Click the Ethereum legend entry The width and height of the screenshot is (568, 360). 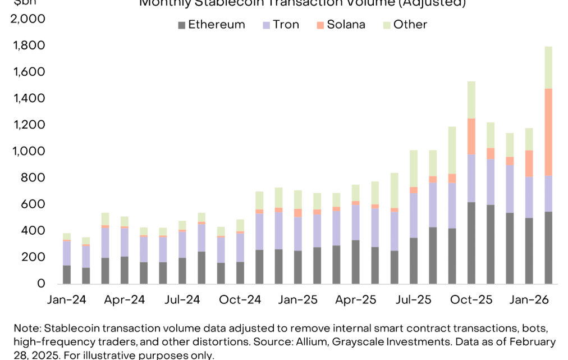pos(210,25)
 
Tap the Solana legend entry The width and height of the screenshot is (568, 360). pos(340,25)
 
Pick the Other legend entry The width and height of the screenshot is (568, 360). pos(404,25)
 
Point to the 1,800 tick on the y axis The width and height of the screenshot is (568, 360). pos(29,45)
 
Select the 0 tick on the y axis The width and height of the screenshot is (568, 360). pos(40,284)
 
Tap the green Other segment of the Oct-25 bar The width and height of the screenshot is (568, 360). pos(471,100)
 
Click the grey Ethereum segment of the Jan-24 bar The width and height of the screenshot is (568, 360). pos(66,274)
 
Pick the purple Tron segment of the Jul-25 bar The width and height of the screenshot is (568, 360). pos(413,216)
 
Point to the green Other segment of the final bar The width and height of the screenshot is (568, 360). pos(548,67)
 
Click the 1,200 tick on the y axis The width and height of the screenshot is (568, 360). pos(29,125)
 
